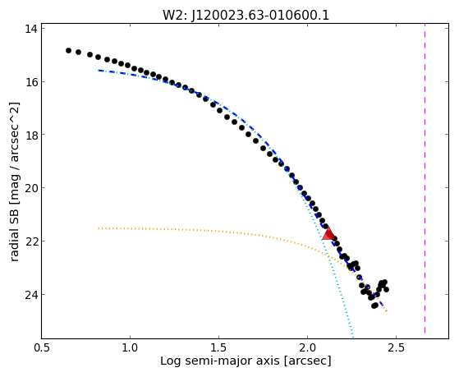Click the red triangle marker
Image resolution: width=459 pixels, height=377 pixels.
(x=328, y=233)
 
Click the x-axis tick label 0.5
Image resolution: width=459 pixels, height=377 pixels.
(x=42, y=347)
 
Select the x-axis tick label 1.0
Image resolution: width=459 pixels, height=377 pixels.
(x=130, y=347)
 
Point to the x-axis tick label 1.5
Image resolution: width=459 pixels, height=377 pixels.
(x=218, y=347)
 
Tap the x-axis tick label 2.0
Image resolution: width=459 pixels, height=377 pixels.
(x=307, y=347)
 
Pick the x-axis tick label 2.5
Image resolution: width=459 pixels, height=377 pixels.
(x=396, y=347)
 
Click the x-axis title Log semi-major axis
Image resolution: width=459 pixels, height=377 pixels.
(x=220, y=361)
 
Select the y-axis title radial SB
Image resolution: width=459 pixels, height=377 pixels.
(x=14, y=233)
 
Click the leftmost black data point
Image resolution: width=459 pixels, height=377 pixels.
(x=68, y=50)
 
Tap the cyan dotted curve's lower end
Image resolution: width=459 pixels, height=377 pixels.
(x=353, y=337)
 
